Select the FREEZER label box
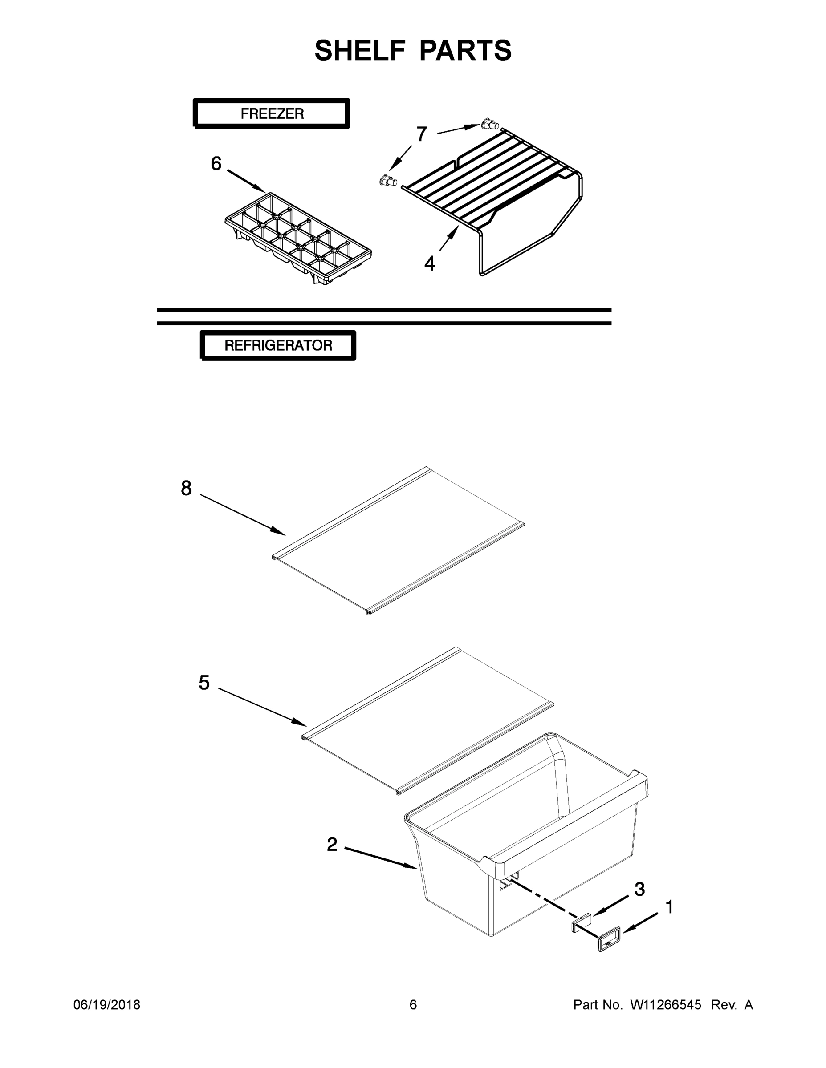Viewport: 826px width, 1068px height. [272, 113]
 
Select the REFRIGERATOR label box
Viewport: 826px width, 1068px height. [278, 345]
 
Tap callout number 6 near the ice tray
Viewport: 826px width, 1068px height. [216, 163]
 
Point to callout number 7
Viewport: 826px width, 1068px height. [421, 133]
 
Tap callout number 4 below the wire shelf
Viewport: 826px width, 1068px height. [429, 264]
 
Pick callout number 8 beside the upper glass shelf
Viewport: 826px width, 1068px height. [187, 488]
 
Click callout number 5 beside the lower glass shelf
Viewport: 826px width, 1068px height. [204, 682]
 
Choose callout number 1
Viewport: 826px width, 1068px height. [669, 907]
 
